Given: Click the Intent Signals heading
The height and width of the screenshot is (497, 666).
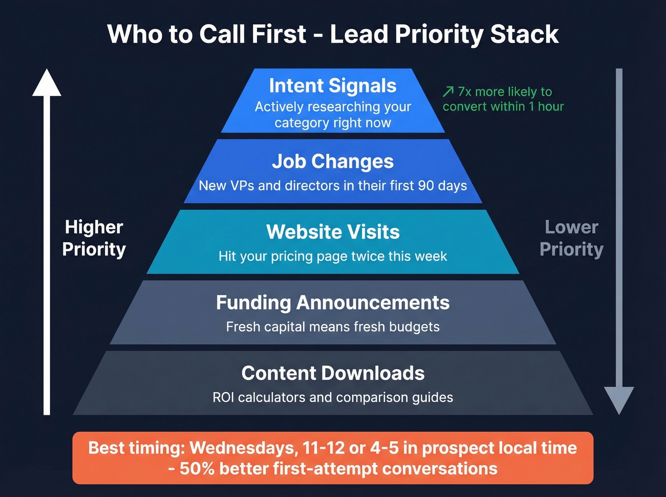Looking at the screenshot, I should pyautogui.click(x=333, y=86).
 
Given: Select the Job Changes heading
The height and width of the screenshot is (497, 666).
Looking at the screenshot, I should pyautogui.click(x=333, y=162).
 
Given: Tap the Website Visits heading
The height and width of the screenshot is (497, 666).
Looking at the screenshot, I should pyautogui.click(x=333, y=232).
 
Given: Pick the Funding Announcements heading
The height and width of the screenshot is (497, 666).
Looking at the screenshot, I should pyautogui.click(x=333, y=303).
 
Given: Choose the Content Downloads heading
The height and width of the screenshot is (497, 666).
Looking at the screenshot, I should pyautogui.click(x=333, y=373).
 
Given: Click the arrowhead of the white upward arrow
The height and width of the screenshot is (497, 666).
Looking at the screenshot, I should pyautogui.click(x=47, y=83).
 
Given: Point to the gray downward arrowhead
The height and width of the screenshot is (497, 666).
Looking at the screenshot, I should pyautogui.click(x=619, y=400).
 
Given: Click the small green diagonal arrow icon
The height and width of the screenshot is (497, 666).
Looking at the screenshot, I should pyautogui.click(x=448, y=91).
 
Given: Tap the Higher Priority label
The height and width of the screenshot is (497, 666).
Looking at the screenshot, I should pyautogui.click(x=94, y=238).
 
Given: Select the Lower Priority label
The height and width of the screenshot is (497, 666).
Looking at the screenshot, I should pyautogui.click(x=571, y=238).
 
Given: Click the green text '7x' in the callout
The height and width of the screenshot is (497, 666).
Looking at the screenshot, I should pyautogui.click(x=464, y=92).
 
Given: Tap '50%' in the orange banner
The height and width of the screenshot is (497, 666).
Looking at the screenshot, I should pyautogui.click(x=197, y=469).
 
